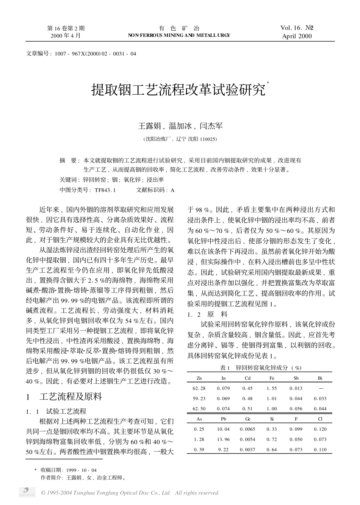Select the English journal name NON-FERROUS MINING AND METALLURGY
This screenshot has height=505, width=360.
[179, 35]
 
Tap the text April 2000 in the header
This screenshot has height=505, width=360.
[297, 36]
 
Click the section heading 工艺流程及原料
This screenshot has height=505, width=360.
[70, 397]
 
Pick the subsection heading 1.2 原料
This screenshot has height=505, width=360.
[208, 314]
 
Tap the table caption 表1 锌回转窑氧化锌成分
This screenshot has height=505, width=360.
[261, 368]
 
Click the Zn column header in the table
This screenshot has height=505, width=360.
[199, 378]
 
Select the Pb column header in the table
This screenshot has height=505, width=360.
[223, 419]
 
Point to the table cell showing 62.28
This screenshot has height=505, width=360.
[199, 388]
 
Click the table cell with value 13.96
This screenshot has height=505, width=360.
[223, 439]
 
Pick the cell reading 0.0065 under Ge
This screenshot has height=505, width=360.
[247, 429]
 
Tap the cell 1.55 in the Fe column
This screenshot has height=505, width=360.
[272, 388]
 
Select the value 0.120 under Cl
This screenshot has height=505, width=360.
[320, 429]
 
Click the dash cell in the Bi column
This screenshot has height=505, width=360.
[321, 388]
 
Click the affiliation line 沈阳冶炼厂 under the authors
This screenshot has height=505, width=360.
[180, 139]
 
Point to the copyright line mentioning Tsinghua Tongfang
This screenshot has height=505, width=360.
[130, 493]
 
